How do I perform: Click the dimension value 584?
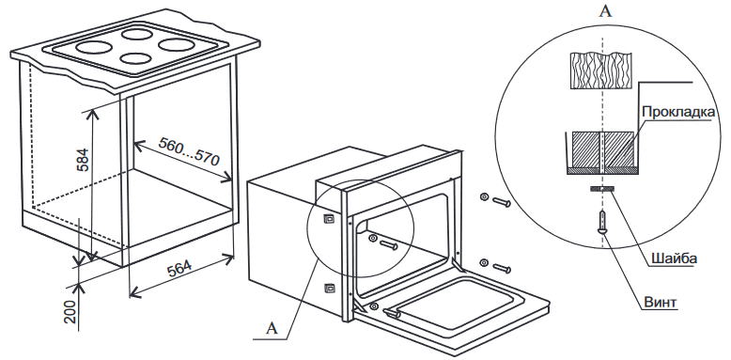click(82, 160)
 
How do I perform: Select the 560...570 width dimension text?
click(188, 151)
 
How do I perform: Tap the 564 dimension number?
click(179, 269)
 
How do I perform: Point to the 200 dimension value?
click(70, 311)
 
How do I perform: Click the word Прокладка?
click(677, 112)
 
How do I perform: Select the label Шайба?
click(671, 258)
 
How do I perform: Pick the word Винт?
click(660, 302)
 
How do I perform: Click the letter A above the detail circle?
click(605, 10)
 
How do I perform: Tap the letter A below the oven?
click(272, 328)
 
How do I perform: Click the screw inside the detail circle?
click(603, 222)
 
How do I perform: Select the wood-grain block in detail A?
click(601, 70)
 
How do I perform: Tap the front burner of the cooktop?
click(135, 58)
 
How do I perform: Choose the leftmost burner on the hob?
click(94, 47)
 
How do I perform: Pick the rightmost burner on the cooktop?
click(177, 45)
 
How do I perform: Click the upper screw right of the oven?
click(495, 199)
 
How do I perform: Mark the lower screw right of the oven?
click(495, 265)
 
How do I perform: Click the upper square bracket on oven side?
click(328, 218)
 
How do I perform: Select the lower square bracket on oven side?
click(329, 289)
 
